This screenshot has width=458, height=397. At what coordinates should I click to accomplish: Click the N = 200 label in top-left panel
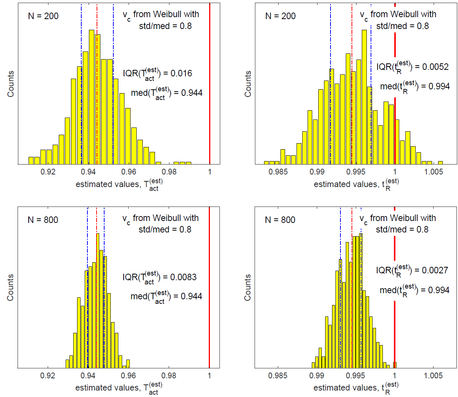pyautogui.click(x=43, y=16)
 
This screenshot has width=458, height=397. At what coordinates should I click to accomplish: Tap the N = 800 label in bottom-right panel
pyautogui.click(x=280, y=220)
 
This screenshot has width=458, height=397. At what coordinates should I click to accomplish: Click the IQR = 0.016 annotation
pyautogui.click(x=157, y=74)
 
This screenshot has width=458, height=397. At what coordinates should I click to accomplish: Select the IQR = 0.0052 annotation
pyautogui.click(x=412, y=67)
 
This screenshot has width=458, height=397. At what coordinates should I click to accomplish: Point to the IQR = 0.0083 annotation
pyautogui.click(x=160, y=277)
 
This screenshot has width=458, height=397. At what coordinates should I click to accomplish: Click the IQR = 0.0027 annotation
pyautogui.click(x=412, y=270)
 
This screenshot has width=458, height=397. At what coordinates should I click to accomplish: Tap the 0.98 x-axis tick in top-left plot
pyautogui.click(x=169, y=172)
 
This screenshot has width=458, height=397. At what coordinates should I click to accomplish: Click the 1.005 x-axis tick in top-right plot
pyautogui.click(x=434, y=172)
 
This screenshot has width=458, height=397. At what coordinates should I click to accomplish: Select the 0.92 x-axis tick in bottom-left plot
pyautogui.click(x=48, y=376)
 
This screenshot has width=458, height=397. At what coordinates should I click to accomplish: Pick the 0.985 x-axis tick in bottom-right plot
pyautogui.click(x=278, y=376)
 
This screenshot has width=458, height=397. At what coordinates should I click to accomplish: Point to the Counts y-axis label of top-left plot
pyautogui.click(x=11, y=84)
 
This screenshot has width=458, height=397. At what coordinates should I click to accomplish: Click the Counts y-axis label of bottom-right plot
pyautogui.click(x=248, y=287)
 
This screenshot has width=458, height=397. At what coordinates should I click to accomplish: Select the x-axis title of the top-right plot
pyautogui.click(x=356, y=184)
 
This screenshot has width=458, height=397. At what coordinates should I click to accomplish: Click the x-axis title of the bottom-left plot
pyautogui.click(x=119, y=388)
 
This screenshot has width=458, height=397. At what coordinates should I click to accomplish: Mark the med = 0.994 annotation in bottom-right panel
pyautogui.click(x=414, y=290)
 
